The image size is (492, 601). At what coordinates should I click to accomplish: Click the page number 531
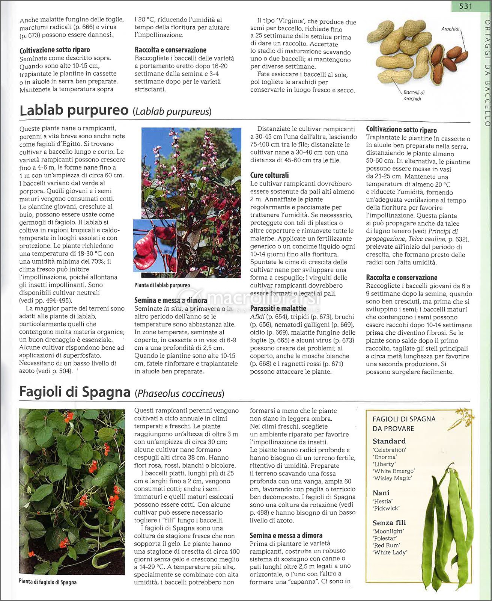[465, 6]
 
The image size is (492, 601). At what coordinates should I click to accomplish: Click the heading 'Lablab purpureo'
[74, 110]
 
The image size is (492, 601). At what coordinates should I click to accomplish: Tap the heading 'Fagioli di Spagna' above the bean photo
[75, 392]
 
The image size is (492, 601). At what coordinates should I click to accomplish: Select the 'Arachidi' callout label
[450, 29]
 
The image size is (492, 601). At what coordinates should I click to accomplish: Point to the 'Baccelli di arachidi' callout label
[414, 95]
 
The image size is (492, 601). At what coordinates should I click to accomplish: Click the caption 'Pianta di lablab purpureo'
[162, 285]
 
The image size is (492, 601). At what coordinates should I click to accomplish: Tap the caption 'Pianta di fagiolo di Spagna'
[48, 582]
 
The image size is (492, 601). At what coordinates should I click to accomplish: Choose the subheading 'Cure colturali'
[269, 175]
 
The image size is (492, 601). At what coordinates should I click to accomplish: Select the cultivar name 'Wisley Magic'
[392, 478]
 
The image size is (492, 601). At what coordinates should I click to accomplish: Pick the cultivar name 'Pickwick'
[386, 508]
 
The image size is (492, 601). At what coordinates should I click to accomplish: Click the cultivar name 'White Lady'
[390, 552]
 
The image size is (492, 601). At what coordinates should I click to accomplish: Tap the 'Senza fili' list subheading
[389, 522]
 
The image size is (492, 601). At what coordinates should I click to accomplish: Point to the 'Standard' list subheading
[389, 441]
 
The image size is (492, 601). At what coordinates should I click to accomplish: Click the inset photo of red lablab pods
[155, 246]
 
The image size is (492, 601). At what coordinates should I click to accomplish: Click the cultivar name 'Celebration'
[390, 450]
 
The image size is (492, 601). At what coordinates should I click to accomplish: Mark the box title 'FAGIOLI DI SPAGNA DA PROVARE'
[404, 424]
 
